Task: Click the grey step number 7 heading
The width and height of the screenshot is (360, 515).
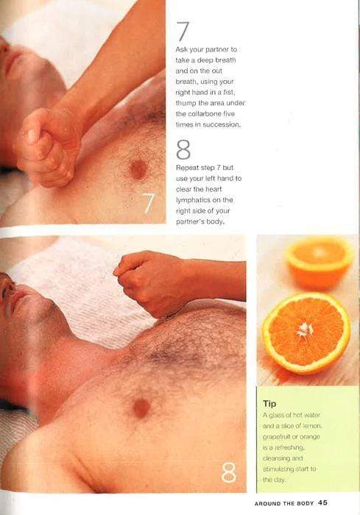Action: tap(183, 31)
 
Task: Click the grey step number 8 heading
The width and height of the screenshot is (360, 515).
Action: tap(183, 149)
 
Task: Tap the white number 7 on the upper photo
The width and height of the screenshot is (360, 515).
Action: tap(148, 203)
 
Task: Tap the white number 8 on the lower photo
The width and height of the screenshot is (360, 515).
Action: tap(228, 472)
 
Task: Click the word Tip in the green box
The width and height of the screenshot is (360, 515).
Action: tap(269, 404)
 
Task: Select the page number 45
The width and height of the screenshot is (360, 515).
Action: tap(322, 502)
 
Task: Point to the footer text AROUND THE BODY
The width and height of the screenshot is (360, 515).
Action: tap(284, 503)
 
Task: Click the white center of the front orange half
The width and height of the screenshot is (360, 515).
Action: tap(306, 330)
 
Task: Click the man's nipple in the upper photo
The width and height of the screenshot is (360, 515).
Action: tap(138, 169)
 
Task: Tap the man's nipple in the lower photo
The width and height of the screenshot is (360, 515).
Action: tap(141, 408)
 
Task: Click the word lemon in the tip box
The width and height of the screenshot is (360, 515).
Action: tap(312, 426)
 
